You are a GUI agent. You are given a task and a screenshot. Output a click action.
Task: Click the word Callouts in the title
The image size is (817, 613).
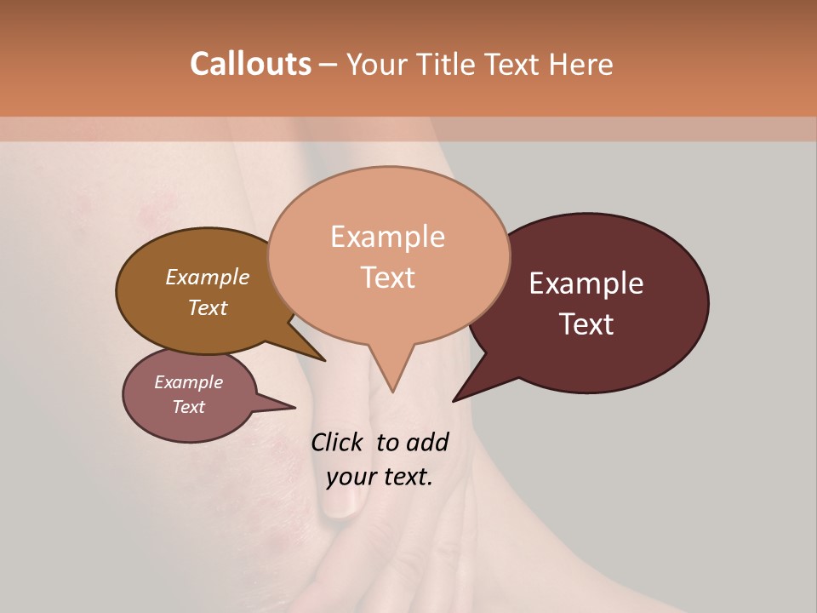[250, 64]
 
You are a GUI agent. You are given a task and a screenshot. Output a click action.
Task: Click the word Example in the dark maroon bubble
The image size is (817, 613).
[586, 284]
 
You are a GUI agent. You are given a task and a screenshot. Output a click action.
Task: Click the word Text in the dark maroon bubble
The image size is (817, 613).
[586, 324]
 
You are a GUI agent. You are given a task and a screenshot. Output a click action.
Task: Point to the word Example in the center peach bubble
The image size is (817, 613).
[387, 237]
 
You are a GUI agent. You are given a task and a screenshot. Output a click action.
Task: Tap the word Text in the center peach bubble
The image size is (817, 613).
[387, 278]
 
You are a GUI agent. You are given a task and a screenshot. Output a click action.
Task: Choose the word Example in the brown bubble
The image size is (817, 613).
[208, 277]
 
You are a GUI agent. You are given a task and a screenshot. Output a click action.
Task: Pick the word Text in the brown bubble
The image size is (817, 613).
[208, 307]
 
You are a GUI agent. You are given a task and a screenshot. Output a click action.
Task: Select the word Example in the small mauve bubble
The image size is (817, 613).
[188, 382]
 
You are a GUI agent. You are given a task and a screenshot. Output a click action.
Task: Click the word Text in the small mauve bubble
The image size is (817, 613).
[188, 407]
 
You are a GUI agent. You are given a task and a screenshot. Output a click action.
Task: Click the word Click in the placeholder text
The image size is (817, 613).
[338, 442]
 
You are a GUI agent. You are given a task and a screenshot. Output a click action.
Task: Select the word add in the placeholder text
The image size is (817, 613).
[428, 442]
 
